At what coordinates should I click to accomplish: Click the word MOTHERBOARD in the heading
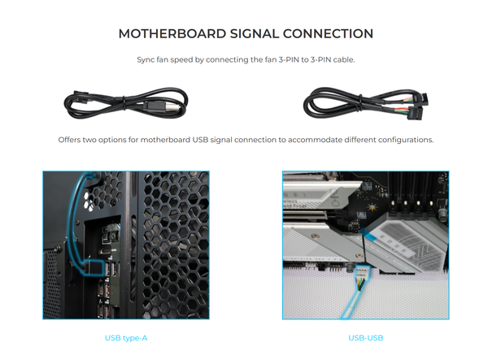(172, 33)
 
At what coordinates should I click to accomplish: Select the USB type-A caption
(126, 338)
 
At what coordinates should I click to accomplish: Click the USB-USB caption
(366, 338)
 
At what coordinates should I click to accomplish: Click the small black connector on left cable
(80, 96)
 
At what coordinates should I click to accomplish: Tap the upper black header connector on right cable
(420, 99)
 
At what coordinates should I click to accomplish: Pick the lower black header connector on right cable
(416, 114)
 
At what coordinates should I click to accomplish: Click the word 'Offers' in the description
(69, 140)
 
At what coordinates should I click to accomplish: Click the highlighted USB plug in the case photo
(94, 267)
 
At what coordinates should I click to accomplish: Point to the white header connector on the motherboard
(361, 272)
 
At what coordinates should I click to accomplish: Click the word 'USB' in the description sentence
(200, 140)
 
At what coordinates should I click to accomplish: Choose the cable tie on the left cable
(124, 103)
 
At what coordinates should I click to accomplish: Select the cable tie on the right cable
(360, 102)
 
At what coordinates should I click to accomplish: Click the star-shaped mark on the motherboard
(372, 206)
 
